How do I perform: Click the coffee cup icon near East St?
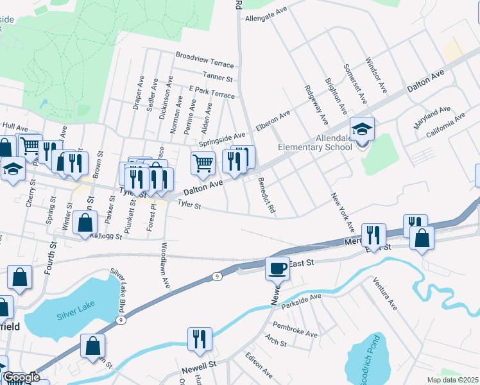pos(278,268)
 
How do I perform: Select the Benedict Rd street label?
pos(267,196)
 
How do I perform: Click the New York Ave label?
pos(343,212)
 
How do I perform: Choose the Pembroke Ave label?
pos(295,330)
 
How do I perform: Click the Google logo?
pos(21,377)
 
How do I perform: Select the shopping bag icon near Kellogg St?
pos(85,223)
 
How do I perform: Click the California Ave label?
pos(439,125)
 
